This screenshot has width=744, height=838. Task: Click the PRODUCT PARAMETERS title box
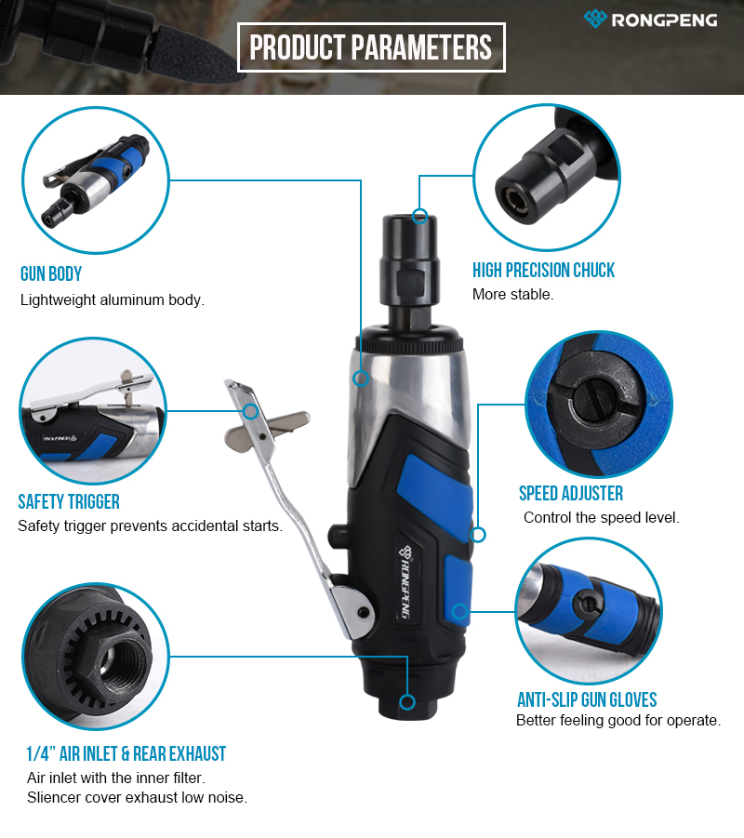[371, 47]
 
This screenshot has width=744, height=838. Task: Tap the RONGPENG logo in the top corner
[650, 20]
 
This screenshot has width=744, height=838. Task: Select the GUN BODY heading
[51, 273]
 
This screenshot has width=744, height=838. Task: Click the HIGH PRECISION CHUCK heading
[543, 270]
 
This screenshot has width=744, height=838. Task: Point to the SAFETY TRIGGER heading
[69, 501]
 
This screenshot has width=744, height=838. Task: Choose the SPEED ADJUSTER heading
[571, 493]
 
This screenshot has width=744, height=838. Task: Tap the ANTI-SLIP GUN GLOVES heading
[587, 699]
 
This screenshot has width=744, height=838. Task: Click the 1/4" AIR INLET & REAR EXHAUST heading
[126, 753]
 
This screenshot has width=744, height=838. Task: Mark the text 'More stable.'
[512, 294]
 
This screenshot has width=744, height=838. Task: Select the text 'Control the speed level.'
[602, 517]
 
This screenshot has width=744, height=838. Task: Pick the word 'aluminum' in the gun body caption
[132, 299]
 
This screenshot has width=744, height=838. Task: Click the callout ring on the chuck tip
[420, 216]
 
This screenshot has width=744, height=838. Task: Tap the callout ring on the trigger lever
[251, 411]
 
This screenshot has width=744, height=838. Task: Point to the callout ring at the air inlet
[407, 701]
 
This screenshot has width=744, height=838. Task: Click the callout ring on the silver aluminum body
[361, 379]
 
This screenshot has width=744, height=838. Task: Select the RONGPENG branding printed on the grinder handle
[407, 581]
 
